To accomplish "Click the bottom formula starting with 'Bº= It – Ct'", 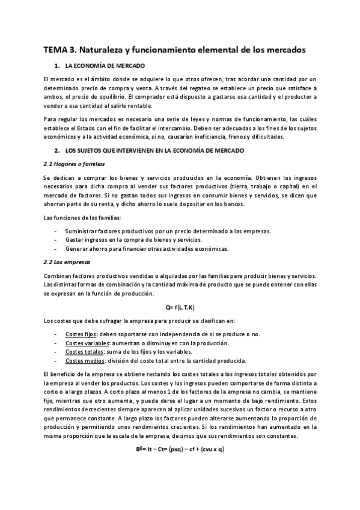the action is point(180,449).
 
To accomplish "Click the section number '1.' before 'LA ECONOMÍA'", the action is point(56,65).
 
